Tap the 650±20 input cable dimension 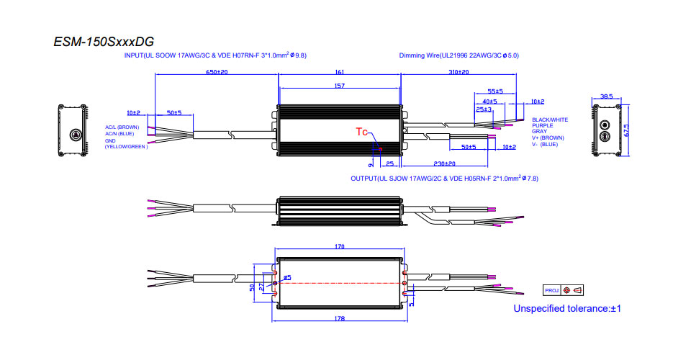pos(217,73)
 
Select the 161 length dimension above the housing pos(340,73)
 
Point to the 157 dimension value pos(340,86)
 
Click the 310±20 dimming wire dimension pos(458,73)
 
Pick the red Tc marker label pos(363,132)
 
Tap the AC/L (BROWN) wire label pos(122,127)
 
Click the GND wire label pos(111,140)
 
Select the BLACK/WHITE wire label pos(549,120)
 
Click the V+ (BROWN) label pos(548,138)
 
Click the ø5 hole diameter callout pos(287,277)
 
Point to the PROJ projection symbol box pos(564,290)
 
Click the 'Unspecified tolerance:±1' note pos(566,309)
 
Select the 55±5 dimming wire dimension pos(495,92)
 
